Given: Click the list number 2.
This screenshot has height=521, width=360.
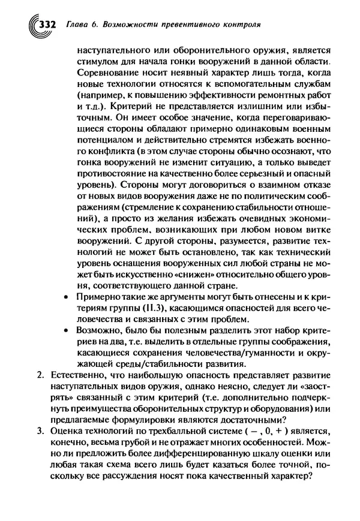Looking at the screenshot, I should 40,377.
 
